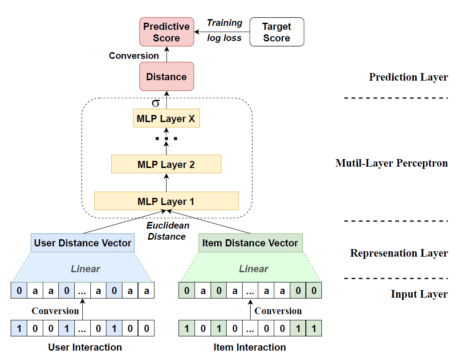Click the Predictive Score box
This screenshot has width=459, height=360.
(167, 32)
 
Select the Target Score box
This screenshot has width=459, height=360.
(276, 32)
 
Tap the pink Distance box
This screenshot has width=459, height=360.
(167, 77)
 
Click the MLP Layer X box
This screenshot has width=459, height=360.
(166, 119)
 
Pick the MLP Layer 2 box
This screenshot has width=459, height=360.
(166, 164)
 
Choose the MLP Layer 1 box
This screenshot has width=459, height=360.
(166, 201)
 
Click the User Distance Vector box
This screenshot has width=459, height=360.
(83, 243)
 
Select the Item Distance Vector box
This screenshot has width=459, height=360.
(250, 243)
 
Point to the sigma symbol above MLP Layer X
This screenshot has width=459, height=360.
(155, 104)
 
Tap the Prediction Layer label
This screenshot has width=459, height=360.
(408, 77)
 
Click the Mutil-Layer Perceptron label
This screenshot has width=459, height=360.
(391, 163)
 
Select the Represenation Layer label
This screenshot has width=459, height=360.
(399, 253)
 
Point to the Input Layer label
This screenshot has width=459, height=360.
(419, 294)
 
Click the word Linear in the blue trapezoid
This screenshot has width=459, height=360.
(85, 269)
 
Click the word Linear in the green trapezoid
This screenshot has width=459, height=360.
(254, 269)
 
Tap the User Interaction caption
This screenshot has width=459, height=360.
(85, 347)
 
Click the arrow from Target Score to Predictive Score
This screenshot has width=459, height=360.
(222, 32)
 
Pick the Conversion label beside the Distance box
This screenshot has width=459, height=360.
(134, 56)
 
